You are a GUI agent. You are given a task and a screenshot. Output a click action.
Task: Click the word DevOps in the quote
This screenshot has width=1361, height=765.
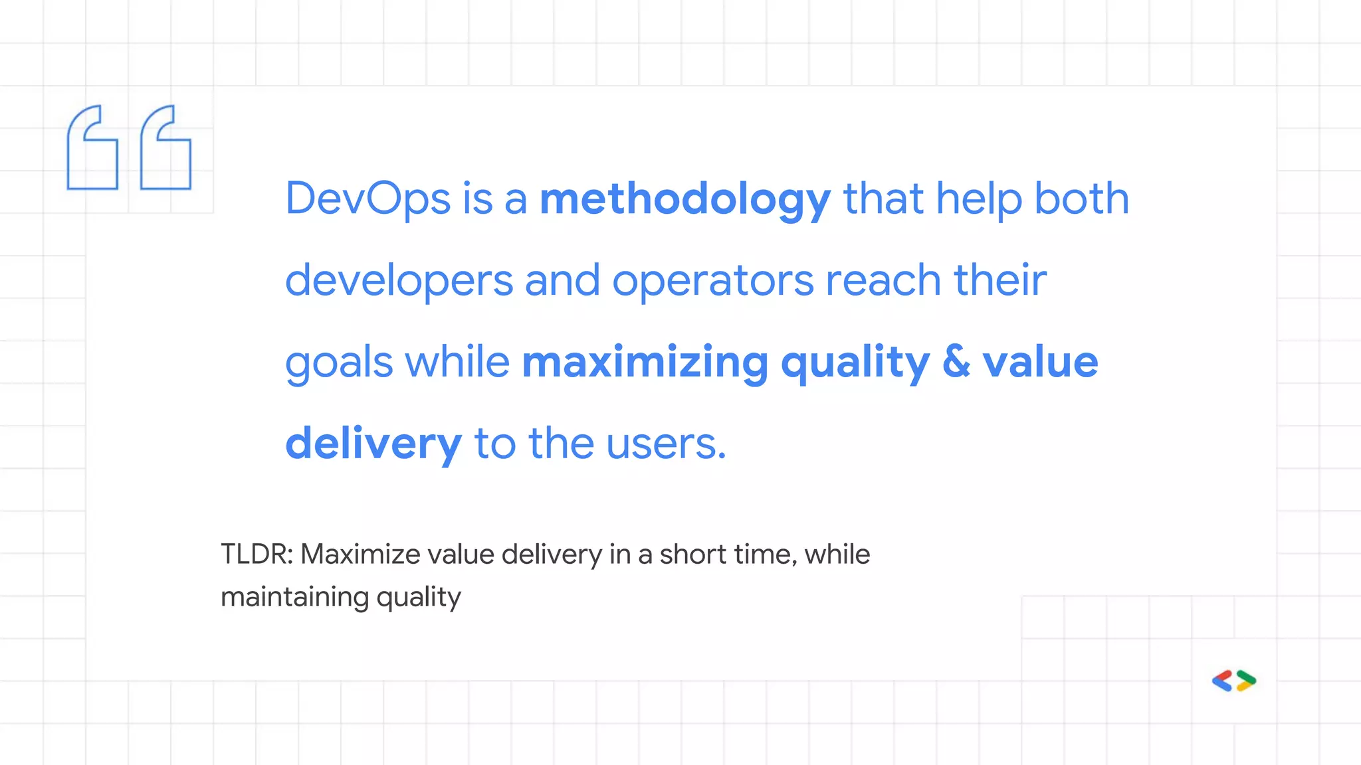(367, 199)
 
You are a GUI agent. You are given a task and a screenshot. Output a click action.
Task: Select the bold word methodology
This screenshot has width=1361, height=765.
(684, 199)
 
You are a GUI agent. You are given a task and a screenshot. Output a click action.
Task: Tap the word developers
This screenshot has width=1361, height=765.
(399, 280)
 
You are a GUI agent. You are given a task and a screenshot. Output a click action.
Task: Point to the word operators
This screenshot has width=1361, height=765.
(712, 280)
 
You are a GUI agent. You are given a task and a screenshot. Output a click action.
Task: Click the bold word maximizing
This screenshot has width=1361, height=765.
(645, 362)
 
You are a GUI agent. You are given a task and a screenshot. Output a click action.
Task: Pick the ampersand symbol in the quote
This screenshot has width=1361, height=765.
(956, 362)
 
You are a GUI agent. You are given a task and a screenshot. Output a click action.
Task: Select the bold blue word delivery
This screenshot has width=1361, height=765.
(373, 444)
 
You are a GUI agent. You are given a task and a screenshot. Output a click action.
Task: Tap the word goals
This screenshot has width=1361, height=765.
(339, 363)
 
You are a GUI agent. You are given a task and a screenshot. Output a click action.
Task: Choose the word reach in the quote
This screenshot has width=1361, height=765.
(883, 280)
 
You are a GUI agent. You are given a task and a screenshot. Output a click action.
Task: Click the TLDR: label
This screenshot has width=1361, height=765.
(257, 554)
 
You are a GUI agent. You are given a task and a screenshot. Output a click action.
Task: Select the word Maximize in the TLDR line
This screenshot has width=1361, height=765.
(360, 554)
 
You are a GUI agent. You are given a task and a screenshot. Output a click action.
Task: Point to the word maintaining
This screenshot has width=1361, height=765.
(294, 596)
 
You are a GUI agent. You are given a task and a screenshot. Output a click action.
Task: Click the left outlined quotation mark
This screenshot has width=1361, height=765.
(92, 148)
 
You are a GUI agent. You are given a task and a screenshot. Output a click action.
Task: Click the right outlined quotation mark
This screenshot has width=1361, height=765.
(165, 148)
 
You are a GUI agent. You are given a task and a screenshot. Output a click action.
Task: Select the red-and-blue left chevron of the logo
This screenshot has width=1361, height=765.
(1222, 681)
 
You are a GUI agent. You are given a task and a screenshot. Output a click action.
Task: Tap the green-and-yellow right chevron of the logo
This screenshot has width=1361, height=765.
(1246, 681)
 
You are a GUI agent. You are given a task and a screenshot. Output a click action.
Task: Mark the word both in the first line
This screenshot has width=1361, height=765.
(1081, 199)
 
